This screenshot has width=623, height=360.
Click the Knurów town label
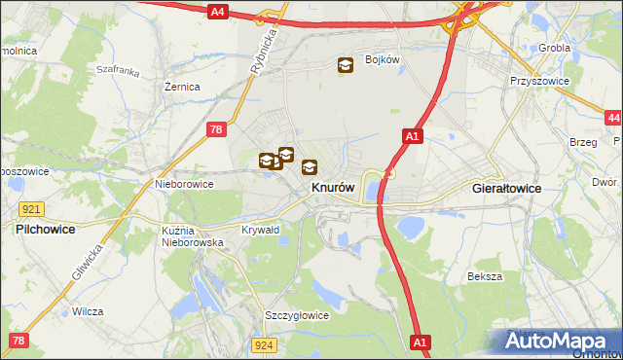point(332,188)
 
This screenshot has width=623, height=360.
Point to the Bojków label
point(383,59)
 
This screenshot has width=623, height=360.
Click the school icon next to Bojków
point(346,65)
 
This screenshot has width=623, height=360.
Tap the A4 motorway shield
point(217,12)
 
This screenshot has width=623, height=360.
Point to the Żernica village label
point(182,87)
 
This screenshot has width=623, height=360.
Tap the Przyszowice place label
point(537,82)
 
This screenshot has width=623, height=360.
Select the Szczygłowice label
point(297,315)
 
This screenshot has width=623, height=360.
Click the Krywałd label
point(260,231)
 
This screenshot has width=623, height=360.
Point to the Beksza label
point(484,276)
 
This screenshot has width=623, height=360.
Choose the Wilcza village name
point(88,312)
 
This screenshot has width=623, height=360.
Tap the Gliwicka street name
point(87,262)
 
